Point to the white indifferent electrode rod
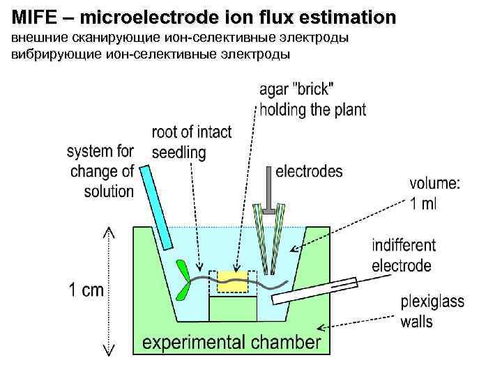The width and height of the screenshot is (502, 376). coord(313,290)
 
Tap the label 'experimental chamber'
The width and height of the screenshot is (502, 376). coord(232,341)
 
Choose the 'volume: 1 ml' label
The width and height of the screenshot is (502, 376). coord(434,194)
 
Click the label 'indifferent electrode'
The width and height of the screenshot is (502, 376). coord(404,256)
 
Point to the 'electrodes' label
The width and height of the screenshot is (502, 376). coord(309,171)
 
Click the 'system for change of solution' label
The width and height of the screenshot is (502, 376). coord(100,171)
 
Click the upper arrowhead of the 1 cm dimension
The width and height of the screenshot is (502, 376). coord(109,231)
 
